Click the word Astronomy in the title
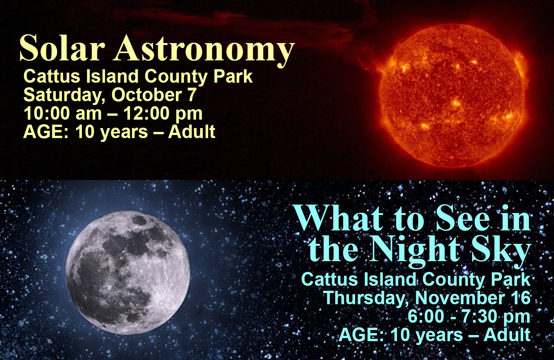(x=204, y=50)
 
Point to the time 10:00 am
(x=63, y=113)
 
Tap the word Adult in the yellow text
(x=192, y=132)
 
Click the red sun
(x=452, y=96)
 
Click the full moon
(x=128, y=272)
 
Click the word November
(x=460, y=298)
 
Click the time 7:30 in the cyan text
(x=479, y=317)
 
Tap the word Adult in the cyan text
(x=507, y=335)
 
